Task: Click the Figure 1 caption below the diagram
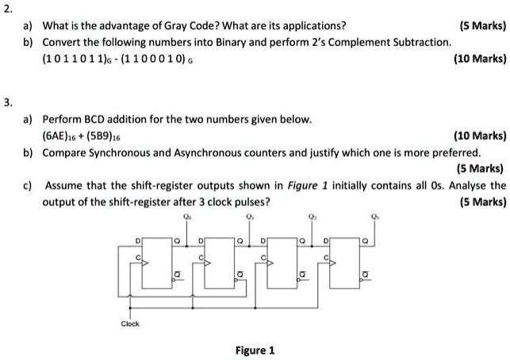(255, 349)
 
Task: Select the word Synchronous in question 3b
(115, 152)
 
